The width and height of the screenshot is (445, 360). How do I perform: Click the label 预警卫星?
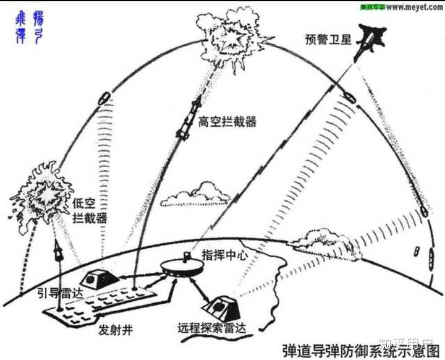[327, 39]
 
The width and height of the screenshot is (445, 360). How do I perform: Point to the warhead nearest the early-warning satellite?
[349, 98]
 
